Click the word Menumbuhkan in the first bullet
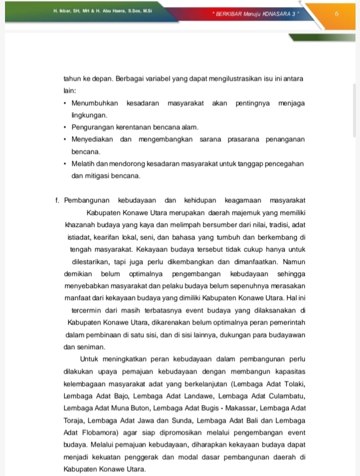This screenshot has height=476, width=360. click(95, 103)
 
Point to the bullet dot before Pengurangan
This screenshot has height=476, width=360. click(65, 127)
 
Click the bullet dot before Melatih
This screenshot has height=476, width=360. click(65, 164)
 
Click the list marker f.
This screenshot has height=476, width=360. click(58, 200)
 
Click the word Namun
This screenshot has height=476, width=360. click(294, 261)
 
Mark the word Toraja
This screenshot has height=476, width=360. click(75, 420)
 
